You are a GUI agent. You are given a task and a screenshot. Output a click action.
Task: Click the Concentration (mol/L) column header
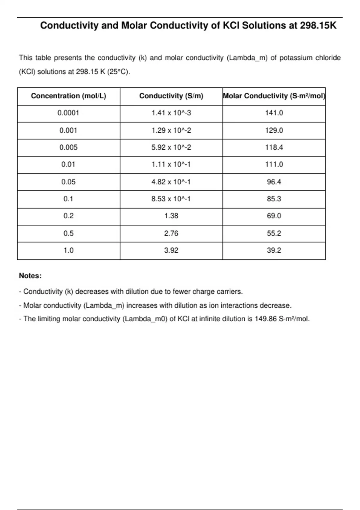(68, 96)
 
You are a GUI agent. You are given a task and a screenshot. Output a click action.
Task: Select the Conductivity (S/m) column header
(171, 96)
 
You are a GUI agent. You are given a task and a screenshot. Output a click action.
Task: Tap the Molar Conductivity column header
(274, 96)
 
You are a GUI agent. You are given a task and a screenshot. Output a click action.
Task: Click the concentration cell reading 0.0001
(68, 113)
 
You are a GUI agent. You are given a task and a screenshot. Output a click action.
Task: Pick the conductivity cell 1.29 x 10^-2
(171, 130)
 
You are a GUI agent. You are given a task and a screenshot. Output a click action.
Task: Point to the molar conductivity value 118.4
(274, 148)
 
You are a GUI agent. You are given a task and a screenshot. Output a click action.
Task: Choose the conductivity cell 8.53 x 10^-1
(171, 199)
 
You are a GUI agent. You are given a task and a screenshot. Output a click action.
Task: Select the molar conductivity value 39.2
(274, 250)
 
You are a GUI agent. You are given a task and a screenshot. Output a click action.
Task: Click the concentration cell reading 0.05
(68, 182)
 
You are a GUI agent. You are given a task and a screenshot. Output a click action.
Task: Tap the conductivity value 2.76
(171, 233)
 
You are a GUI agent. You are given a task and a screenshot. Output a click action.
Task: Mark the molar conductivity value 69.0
(274, 216)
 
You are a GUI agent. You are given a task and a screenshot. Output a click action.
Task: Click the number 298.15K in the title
(318, 26)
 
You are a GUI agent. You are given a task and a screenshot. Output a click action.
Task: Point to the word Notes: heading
(30, 276)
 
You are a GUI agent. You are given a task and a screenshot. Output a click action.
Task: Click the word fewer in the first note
(181, 292)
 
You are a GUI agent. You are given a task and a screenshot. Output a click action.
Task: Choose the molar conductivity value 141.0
(274, 113)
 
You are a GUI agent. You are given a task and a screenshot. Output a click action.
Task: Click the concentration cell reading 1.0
(68, 250)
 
